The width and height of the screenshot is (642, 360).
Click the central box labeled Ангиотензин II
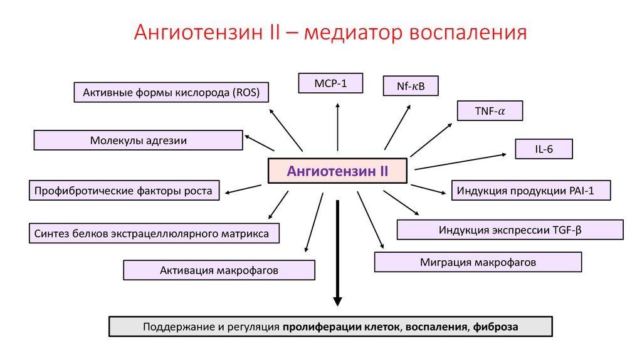[337, 171]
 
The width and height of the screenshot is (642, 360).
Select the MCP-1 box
[331, 83]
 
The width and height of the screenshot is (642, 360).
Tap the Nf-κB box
[411, 86]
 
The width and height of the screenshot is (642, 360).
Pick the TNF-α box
[490, 111]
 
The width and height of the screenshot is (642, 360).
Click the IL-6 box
[544, 149]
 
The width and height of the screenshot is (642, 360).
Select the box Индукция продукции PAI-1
[530, 190]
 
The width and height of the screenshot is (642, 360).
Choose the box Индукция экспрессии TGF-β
[510, 230]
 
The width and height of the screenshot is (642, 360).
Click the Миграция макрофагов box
[478, 262]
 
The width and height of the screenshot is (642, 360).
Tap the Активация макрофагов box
[219, 270]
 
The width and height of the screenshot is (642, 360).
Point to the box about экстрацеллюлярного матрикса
[154, 233]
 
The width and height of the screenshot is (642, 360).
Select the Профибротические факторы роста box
[124, 190]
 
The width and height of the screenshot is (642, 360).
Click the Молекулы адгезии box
[138, 140]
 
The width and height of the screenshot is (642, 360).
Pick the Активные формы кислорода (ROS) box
[171, 93]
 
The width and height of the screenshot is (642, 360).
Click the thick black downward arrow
[337, 251]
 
